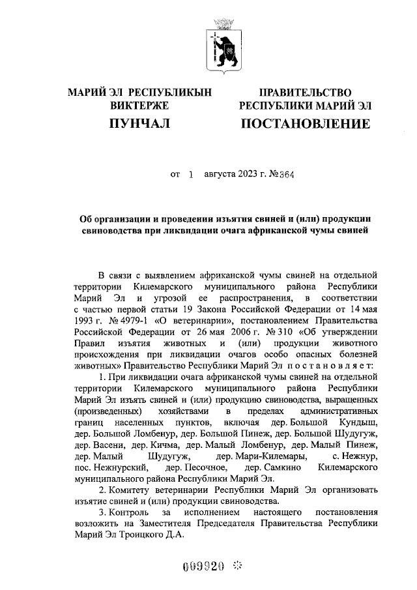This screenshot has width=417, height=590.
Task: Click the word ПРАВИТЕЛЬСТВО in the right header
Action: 306,93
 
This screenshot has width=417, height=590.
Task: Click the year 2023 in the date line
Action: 229,175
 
